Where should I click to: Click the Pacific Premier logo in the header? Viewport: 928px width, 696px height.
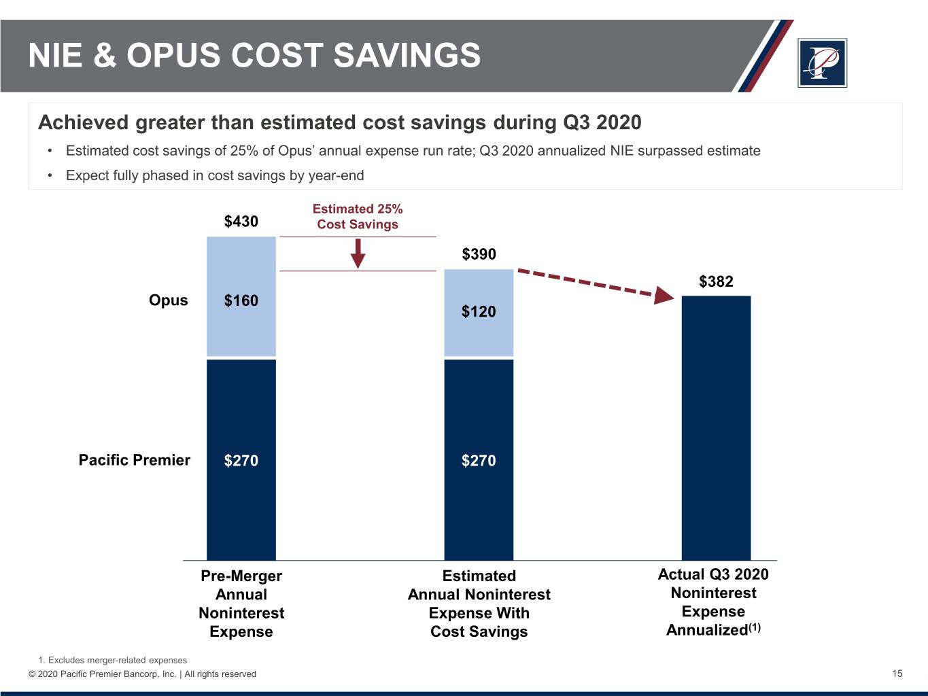(x=822, y=63)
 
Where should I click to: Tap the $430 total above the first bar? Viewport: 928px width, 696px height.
(x=241, y=222)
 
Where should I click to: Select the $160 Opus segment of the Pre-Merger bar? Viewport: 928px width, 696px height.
(x=241, y=300)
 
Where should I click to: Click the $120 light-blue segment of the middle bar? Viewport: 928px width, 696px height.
(x=479, y=312)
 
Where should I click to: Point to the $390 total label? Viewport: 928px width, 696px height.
(x=479, y=254)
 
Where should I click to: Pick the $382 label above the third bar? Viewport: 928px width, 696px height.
(x=716, y=281)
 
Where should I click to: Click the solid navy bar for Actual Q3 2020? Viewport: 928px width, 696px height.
(x=716, y=428)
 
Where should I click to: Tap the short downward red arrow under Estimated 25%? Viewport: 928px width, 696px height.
(x=358, y=254)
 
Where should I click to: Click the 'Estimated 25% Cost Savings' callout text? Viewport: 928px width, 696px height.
(x=358, y=217)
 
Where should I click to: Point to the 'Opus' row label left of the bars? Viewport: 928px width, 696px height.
(x=168, y=300)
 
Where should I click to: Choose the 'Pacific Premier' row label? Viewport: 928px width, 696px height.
(x=134, y=460)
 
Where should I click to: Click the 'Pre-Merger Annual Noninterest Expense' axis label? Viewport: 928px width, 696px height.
(x=241, y=604)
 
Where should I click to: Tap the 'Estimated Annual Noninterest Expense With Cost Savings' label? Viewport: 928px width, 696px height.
(x=479, y=604)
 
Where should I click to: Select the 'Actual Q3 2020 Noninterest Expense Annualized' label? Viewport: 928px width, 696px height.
(x=713, y=602)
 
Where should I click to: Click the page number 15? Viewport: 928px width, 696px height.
(x=897, y=674)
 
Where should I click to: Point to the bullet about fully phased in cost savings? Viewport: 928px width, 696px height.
(x=215, y=175)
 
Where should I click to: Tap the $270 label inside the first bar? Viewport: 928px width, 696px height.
(x=241, y=461)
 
